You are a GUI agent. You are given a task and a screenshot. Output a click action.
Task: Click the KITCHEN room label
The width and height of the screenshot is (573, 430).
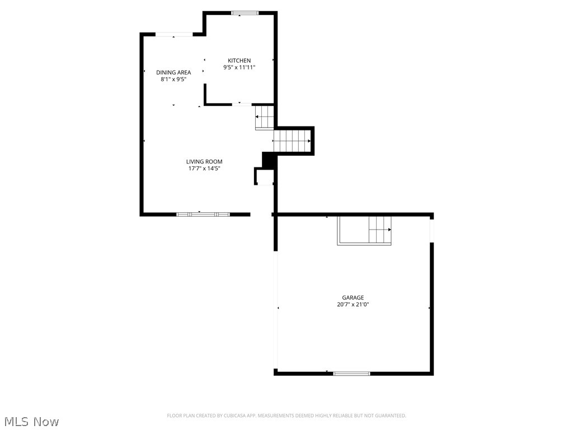pos(239,60)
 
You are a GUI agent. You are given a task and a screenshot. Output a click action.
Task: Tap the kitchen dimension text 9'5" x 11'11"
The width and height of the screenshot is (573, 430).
pos(239,68)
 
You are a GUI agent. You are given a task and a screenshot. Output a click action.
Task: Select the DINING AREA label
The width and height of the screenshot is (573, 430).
pos(173,72)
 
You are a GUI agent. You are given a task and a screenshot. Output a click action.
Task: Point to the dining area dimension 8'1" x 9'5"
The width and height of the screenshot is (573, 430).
pos(173,80)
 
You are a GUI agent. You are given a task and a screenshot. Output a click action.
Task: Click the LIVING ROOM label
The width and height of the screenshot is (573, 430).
pos(204,162)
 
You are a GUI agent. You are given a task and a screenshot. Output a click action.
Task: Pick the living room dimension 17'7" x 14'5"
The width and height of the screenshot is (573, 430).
pos(204,169)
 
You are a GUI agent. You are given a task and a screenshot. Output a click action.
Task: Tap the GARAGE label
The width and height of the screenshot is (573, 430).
pos(353,298)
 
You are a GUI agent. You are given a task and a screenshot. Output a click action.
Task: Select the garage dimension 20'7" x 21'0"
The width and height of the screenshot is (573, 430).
pos(353,305)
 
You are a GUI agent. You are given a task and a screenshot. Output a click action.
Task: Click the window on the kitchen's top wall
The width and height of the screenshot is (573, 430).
pos(245,13)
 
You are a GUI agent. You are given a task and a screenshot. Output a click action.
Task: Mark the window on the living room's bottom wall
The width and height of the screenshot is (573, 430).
pos(203,214)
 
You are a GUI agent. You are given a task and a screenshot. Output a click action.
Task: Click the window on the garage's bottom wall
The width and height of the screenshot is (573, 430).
pos(351,373)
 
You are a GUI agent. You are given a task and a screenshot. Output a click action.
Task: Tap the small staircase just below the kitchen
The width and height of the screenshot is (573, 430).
pos(265,117)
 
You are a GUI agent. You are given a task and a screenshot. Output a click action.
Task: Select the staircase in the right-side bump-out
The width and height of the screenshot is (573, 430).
pos(292,141)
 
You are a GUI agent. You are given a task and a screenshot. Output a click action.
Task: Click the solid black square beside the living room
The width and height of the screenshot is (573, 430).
pos(269,160)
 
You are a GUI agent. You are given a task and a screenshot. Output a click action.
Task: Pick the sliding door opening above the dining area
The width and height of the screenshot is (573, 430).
pos(174,35)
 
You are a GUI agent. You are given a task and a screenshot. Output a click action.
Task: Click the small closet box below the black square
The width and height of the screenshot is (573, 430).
pos(265,176)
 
